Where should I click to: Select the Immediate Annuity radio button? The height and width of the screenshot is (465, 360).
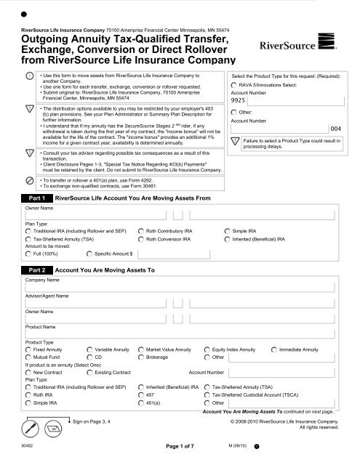point(274,350)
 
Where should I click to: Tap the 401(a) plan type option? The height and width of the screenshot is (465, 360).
point(140,403)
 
